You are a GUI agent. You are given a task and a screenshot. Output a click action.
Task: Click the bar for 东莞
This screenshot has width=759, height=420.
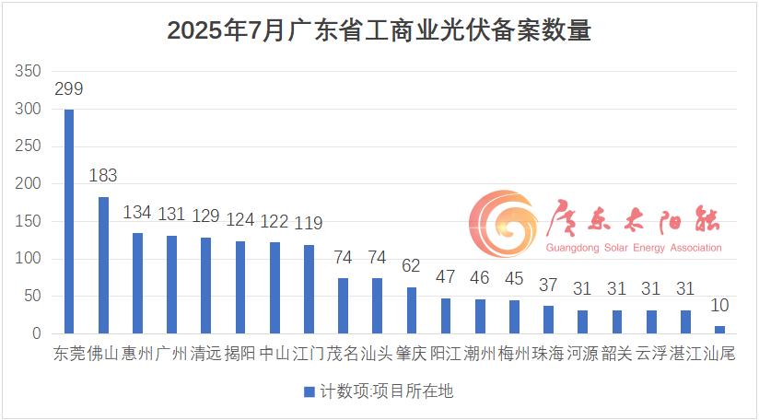(x=69, y=221)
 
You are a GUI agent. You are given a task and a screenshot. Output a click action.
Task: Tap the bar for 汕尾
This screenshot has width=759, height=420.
(x=719, y=329)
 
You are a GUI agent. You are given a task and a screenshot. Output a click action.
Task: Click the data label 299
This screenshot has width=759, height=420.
(x=69, y=89)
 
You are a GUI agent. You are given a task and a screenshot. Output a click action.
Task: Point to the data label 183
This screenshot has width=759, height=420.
(x=103, y=176)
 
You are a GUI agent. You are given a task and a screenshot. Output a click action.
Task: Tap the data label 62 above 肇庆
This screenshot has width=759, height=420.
(x=412, y=266)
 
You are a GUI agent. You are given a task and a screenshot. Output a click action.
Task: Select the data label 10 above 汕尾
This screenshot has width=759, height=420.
(x=719, y=305)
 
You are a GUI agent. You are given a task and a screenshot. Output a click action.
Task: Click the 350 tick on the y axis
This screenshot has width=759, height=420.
(x=29, y=72)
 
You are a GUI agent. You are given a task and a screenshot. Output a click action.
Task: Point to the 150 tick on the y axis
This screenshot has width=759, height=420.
(x=29, y=222)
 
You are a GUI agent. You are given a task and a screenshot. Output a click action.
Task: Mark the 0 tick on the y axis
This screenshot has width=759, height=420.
(x=37, y=334)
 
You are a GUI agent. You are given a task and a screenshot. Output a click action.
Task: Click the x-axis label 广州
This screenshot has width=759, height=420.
(x=171, y=354)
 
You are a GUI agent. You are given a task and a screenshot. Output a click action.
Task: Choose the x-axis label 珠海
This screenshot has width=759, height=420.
(x=548, y=354)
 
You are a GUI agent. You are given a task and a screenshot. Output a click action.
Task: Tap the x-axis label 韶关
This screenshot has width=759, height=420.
(x=617, y=354)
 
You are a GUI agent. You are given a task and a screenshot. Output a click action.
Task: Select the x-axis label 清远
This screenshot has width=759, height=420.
(x=205, y=354)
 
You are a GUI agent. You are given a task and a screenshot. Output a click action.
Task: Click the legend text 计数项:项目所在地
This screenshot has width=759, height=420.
(x=386, y=391)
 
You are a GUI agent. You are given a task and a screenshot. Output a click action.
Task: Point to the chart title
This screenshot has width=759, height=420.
(x=379, y=30)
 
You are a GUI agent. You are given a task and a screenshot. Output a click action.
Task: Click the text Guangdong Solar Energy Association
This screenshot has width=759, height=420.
(x=635, y=248)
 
